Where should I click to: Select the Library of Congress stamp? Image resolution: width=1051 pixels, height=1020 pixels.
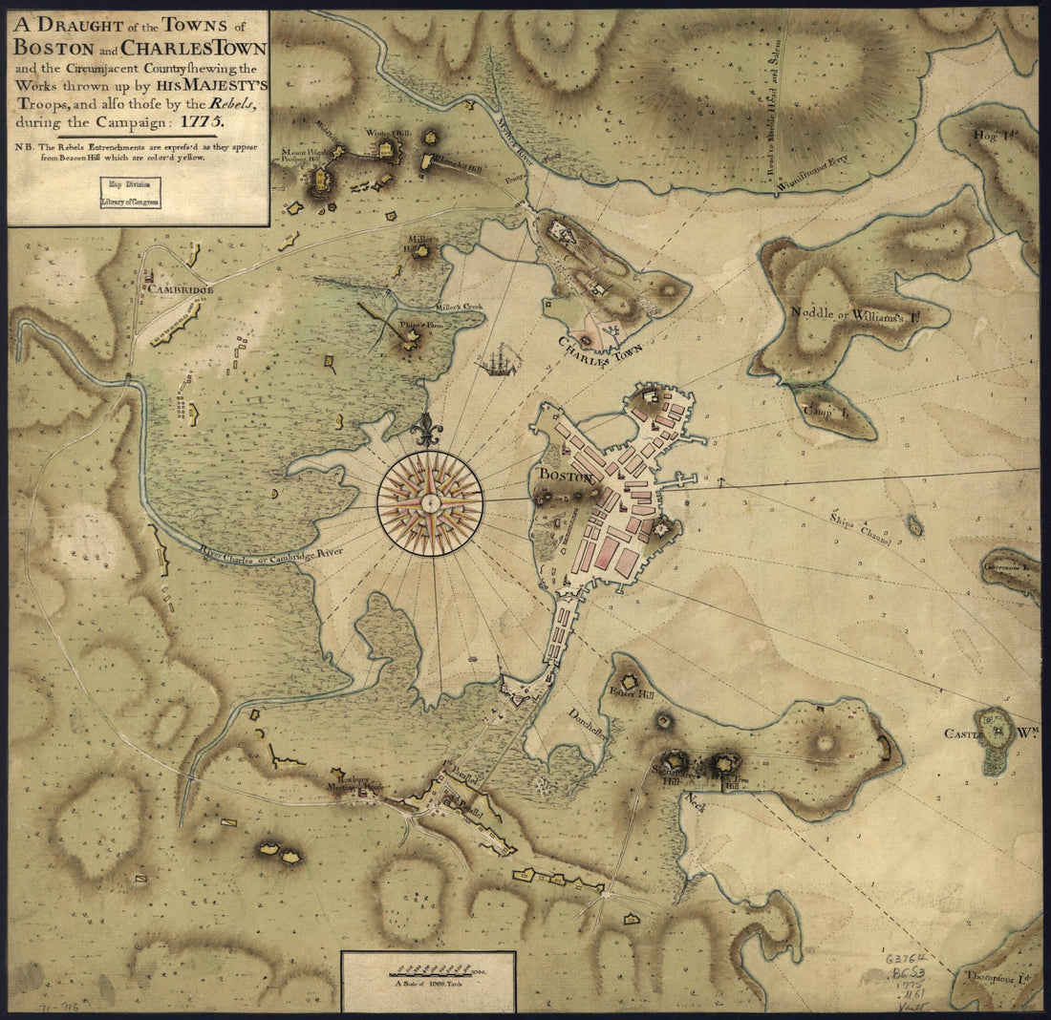click(x=133, y=193)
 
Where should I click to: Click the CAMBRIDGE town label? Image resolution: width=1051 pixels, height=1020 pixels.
click(x=180, y=288)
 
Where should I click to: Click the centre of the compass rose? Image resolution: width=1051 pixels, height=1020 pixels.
click(x=430, y=502)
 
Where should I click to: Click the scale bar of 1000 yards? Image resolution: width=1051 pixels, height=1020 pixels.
click(x=427, y=969)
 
